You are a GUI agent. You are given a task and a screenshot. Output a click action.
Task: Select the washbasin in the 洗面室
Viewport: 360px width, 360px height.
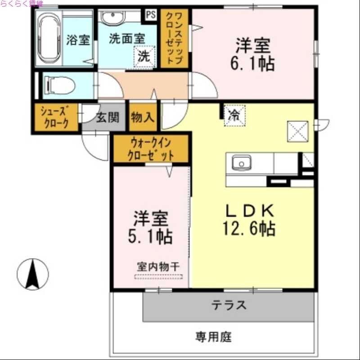tap(112, 18)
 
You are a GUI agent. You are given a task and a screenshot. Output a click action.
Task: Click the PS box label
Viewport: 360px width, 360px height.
tap(150, 14)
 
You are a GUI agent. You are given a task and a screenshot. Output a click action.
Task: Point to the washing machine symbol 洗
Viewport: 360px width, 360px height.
tap(144, 57)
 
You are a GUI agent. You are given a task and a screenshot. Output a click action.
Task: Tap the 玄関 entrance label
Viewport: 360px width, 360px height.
tap(108, 118)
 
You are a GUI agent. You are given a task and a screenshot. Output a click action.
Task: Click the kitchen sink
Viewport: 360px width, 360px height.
tap(241, 163)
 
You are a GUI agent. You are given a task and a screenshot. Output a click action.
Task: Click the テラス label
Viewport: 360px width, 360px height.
tap(229, 306)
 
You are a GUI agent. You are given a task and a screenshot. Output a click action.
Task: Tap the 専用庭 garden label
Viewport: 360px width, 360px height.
tap(213, 337)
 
